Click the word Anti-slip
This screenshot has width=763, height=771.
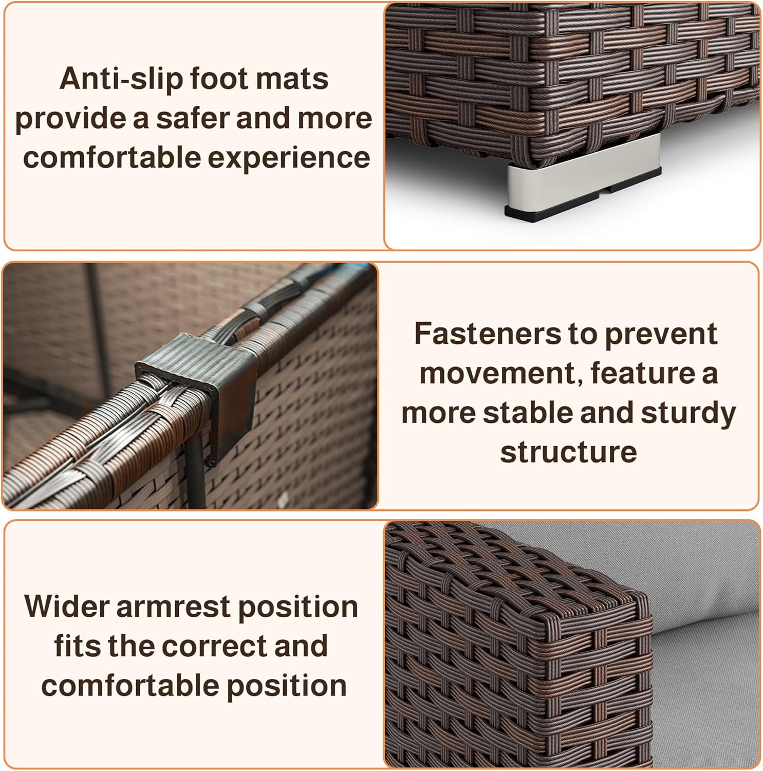tap(120, 79)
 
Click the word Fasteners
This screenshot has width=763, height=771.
tap(487, 334)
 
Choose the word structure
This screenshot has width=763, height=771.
tap(568, 452)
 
